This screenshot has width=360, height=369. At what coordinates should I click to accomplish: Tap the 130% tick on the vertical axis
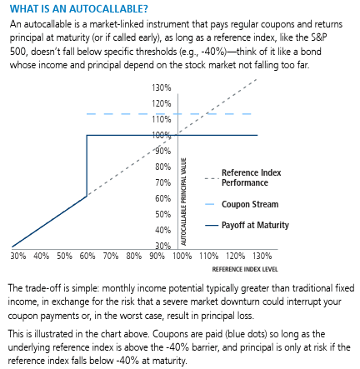[162, 87]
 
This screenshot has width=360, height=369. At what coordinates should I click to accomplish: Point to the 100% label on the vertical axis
[162, 135]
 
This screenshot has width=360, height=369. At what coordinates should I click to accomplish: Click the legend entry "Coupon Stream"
[249, 204]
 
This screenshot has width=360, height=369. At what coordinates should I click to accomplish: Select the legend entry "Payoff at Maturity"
[255, 225]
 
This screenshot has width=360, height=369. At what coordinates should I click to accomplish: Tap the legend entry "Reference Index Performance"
[251, 177]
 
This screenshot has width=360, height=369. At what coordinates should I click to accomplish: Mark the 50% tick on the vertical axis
[163, 214]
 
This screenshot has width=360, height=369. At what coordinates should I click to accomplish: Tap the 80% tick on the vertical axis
[163, 167]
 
